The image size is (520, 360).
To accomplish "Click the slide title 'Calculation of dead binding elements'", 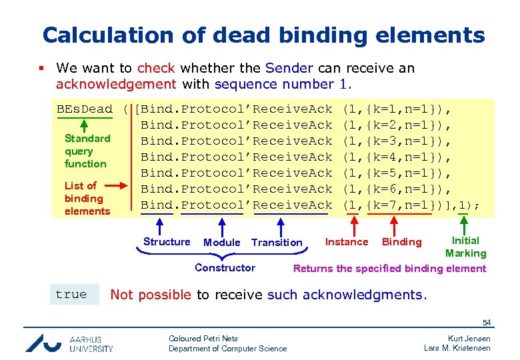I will [263, 35].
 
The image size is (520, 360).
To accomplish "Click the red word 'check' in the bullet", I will [156, 68].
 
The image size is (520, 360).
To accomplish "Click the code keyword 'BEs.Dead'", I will [85, 109].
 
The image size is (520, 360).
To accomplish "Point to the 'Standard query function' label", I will [87, 151].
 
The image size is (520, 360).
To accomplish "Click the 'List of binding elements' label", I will [87, 198].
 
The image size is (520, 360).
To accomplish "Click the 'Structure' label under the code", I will [167, 242].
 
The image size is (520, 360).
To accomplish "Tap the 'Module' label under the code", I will [221, 243].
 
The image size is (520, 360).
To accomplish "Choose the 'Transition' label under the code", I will [277, 243].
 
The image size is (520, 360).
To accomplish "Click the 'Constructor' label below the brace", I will [225, 268].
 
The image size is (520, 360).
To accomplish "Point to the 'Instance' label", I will [346, 242].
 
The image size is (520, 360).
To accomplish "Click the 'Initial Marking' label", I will [465, 247].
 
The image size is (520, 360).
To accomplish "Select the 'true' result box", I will [71, 294].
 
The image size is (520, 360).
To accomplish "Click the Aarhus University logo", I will [69, 343].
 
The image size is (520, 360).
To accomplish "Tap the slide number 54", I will [486, 323].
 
